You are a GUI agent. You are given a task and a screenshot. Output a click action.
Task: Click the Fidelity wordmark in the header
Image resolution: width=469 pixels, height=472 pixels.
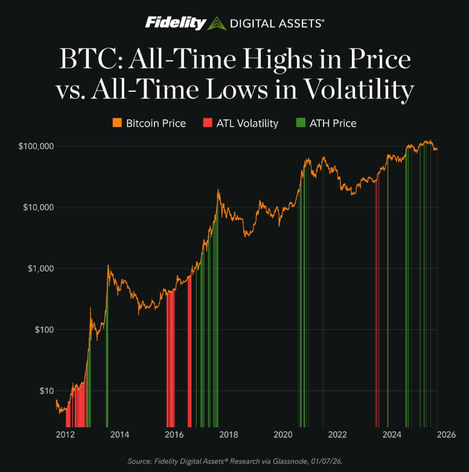coord(176,24)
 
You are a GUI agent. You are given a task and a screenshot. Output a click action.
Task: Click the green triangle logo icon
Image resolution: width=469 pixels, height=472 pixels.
coord(216,24)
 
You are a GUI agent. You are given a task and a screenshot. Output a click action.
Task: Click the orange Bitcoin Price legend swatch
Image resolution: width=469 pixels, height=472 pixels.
coord(116,123)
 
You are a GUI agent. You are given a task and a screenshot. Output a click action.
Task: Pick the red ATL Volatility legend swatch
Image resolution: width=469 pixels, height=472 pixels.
coord(207,123)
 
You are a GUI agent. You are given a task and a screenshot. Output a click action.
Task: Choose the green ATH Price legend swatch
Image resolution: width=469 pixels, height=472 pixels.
coord(301,123)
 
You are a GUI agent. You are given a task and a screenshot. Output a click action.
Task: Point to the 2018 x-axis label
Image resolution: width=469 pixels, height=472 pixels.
coord(228,434)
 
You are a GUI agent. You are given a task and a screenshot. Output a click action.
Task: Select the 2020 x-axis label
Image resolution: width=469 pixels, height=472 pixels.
coord(282,434)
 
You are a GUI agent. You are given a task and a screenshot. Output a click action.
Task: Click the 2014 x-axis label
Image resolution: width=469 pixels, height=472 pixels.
coord(120,434)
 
